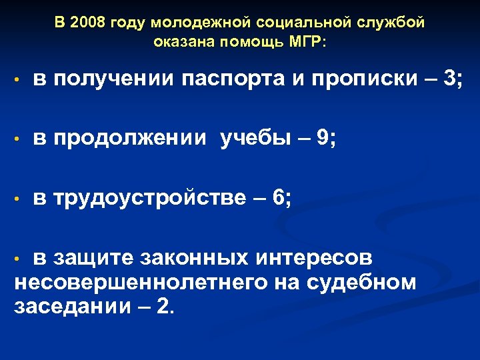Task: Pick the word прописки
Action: tap(361, 80)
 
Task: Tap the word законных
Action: tap(187, 257)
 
